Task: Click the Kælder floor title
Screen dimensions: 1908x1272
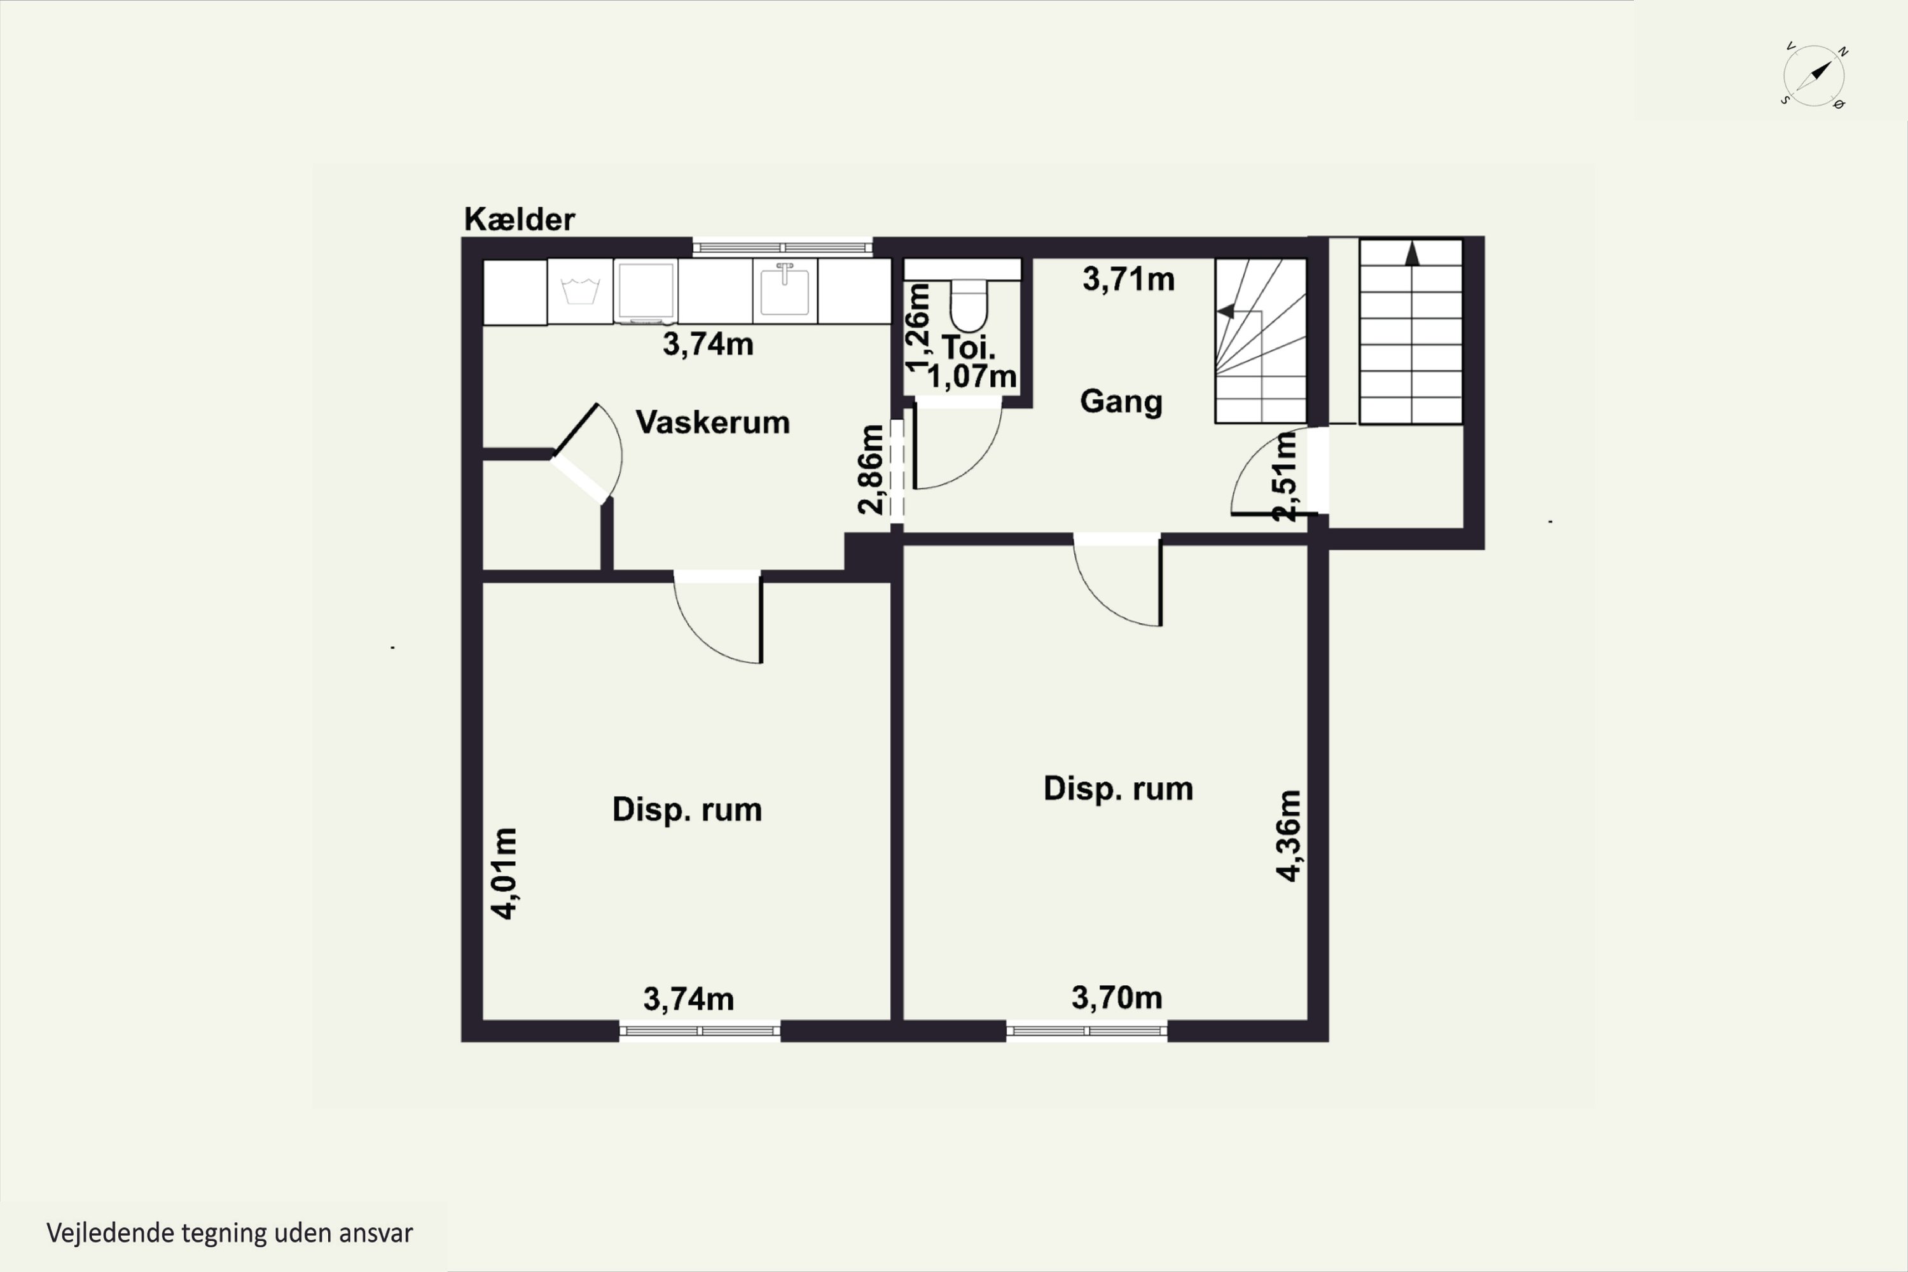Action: click(519, 219)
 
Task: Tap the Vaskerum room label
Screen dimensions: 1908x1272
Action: click(712, 422)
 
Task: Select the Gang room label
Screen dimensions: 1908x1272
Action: click(1121, 401)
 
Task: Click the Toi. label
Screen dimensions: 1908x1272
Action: click(968, 347)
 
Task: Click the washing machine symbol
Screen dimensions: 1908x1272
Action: click(580, 291)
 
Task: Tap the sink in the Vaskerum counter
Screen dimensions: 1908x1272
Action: click(784, 291)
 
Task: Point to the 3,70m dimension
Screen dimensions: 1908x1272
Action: click(1116, 997)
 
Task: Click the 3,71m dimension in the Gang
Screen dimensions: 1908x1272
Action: click(1128, 279)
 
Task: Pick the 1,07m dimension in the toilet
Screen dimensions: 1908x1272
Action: click(971, 377)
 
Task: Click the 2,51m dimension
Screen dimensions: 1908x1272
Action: click(1285, 476)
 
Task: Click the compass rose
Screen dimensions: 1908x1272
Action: click(1814, 76)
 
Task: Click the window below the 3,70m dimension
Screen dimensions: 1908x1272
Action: click(1087, 1031)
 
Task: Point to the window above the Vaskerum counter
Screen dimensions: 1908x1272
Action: click(782, 247)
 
